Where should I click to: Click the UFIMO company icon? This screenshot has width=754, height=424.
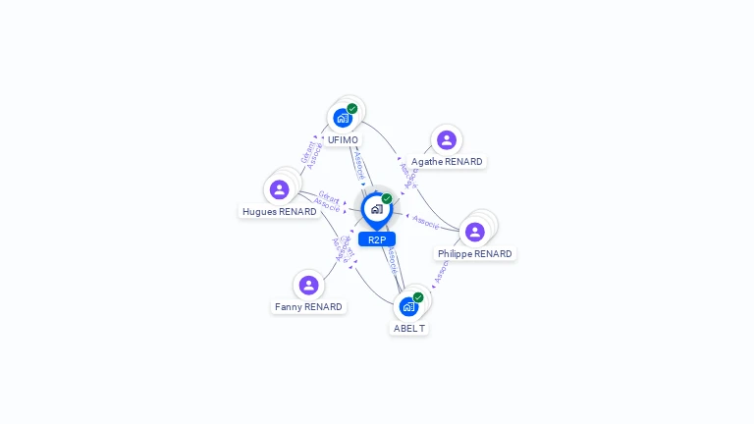coord(343,118)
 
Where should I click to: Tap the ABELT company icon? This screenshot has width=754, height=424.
coord(408,306)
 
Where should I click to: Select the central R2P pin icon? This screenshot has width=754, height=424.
coord(377,209)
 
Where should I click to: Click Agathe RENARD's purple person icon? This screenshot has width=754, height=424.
coord(447,140)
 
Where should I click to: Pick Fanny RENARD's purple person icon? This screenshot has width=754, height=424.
coord(309,286)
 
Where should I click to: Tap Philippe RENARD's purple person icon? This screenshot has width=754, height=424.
coord(475,232)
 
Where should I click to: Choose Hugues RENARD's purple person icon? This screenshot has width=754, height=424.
coord(279,189)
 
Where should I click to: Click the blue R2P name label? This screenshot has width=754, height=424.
coord(377,239)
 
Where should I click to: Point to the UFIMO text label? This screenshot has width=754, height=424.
coord(343,140)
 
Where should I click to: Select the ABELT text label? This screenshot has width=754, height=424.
coord(409,329)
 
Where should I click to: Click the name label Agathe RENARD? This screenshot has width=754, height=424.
coord(447,162)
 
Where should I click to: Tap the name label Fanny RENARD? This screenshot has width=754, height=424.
coord(309,307)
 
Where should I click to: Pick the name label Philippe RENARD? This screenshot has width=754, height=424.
coord(475,254)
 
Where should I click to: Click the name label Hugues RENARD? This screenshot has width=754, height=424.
coord(280,212)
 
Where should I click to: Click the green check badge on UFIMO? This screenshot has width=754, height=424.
coord(352,109)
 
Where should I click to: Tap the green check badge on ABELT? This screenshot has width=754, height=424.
coord(418,297)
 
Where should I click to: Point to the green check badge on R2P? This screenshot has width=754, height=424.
coord(387,199)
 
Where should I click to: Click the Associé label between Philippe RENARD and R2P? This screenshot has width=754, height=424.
coord(426,222)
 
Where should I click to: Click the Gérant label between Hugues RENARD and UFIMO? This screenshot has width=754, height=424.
coord(307,152)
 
